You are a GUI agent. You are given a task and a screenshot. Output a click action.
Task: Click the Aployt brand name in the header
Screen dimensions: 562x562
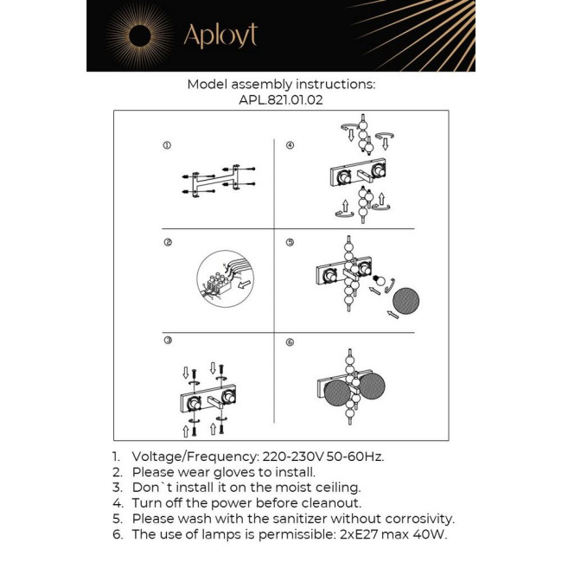pos(220,35)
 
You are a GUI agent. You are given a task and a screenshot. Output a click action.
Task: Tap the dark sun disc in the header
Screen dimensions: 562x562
pos(139,35)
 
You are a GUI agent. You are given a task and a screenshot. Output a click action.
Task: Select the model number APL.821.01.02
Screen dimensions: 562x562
pos(281,99)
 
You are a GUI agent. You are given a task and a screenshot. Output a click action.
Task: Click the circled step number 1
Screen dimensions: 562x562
pos(167,145)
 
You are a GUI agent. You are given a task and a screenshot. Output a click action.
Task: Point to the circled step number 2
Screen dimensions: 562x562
pos(167,243)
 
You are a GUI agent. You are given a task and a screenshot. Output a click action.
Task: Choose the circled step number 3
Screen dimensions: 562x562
pos(167,342)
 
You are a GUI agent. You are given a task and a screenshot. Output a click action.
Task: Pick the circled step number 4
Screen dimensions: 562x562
pos(290,145)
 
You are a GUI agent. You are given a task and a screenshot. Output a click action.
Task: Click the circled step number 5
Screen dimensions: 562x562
pos(290,243)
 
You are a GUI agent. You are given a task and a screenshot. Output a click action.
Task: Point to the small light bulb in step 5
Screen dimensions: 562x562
pos(379,281)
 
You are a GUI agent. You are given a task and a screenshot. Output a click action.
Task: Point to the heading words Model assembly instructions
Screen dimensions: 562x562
pos(281,85)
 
